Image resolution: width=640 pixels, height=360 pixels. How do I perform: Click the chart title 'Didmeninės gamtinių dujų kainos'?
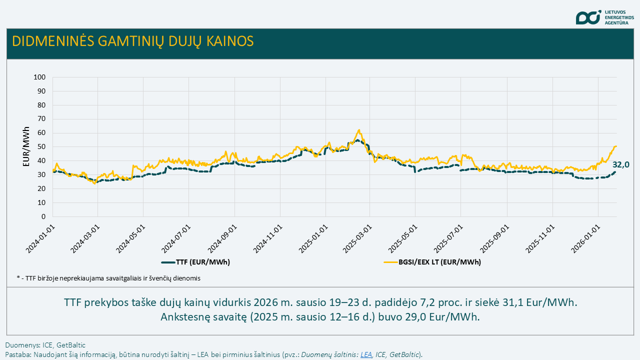click(x=132, y=41)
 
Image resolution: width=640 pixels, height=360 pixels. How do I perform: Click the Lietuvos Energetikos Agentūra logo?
click(x=604, y=17)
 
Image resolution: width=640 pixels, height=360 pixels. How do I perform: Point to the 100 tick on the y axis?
click(x=39, y=77)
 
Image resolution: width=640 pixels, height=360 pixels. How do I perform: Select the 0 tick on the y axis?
click(x=43, y=217)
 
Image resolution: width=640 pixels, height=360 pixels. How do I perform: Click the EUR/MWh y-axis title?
click(x=26, y=146)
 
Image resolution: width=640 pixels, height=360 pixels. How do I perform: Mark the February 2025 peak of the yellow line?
click(x=359, y=130)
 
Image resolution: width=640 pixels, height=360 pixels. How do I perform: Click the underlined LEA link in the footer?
click(x=366, y=354)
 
